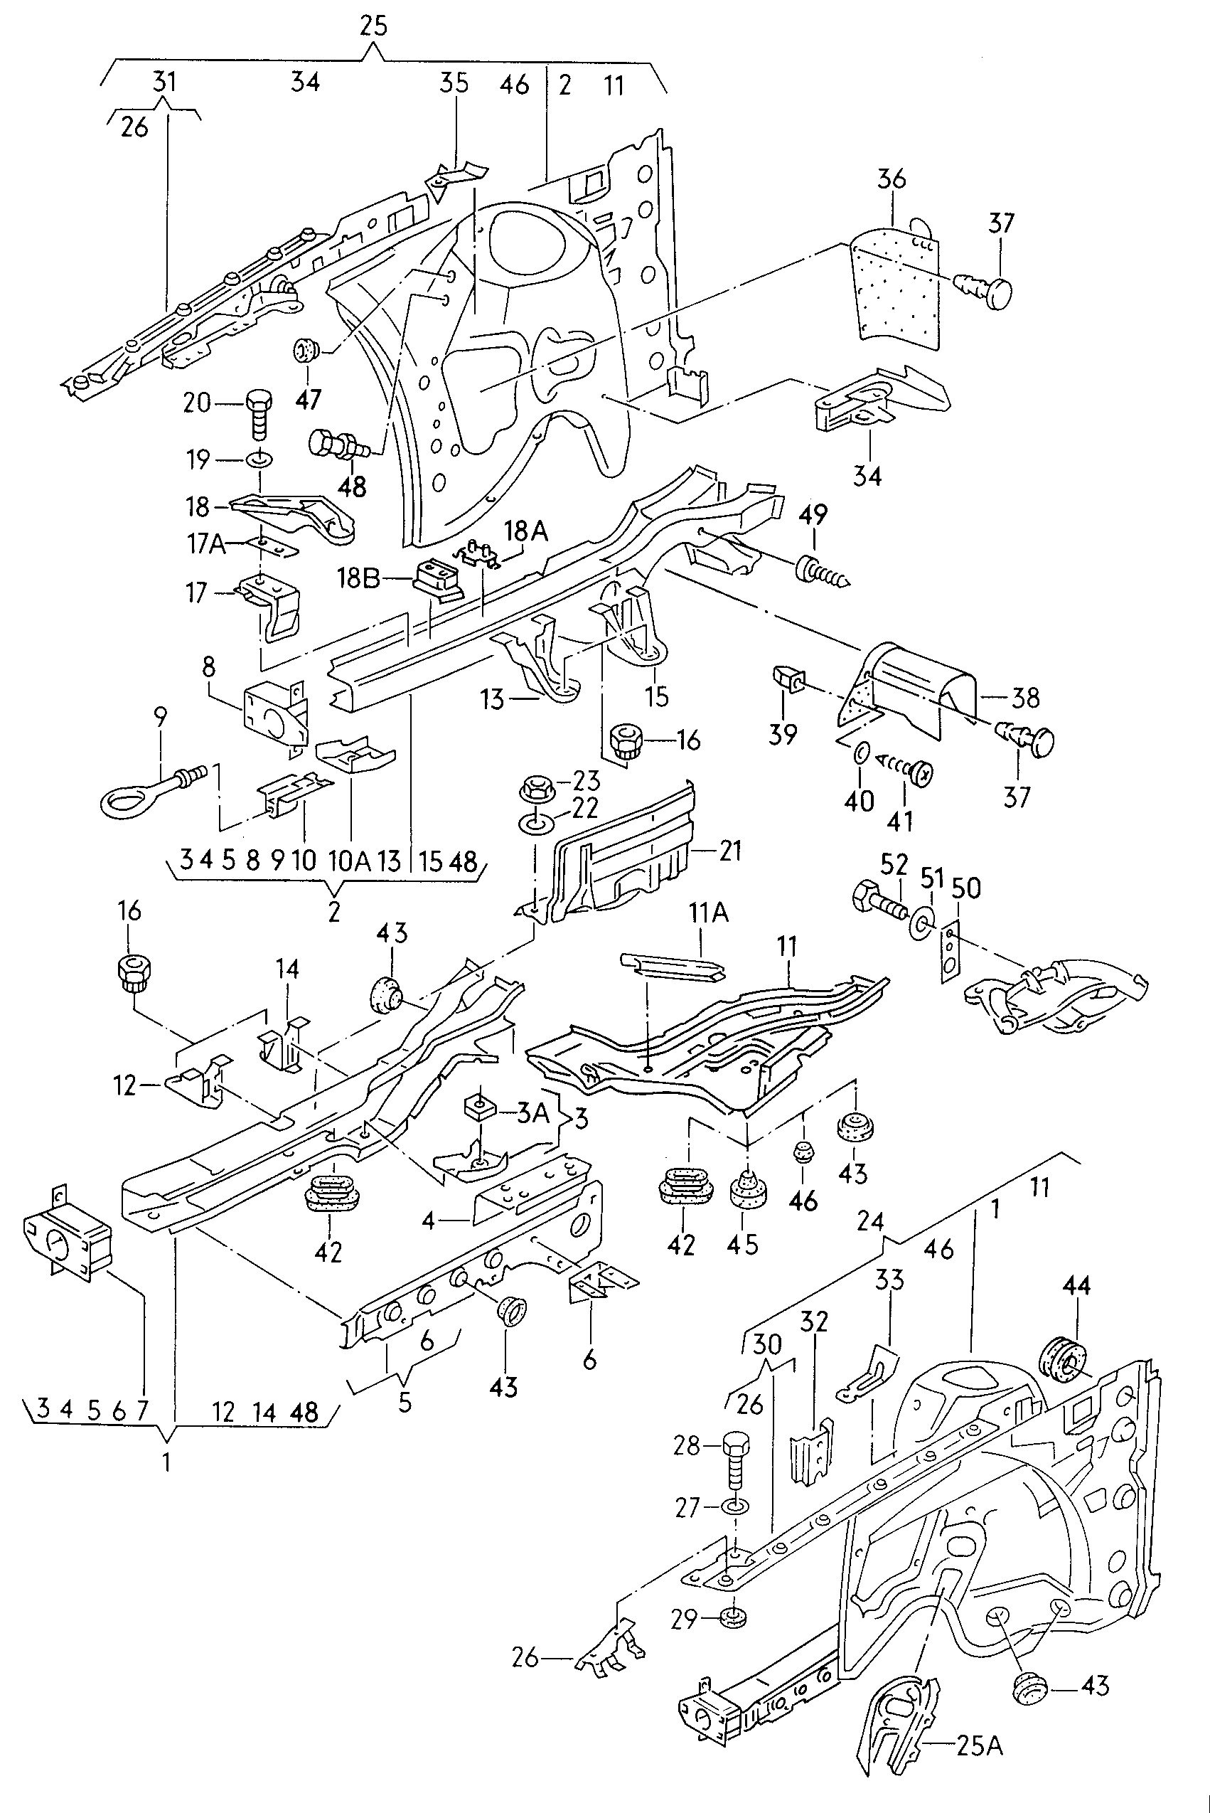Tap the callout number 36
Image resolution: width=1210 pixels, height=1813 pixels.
click(x=892, y=179)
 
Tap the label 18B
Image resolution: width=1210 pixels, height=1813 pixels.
click(x=359, y=578)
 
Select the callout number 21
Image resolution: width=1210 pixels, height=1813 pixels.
click(x=730, y=851)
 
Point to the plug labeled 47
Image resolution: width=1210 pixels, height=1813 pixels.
click(x=307, y=352)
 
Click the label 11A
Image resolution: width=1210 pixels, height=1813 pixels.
click(x=708, y=913)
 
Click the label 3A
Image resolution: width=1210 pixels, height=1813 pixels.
click(x=532, y=1112)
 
